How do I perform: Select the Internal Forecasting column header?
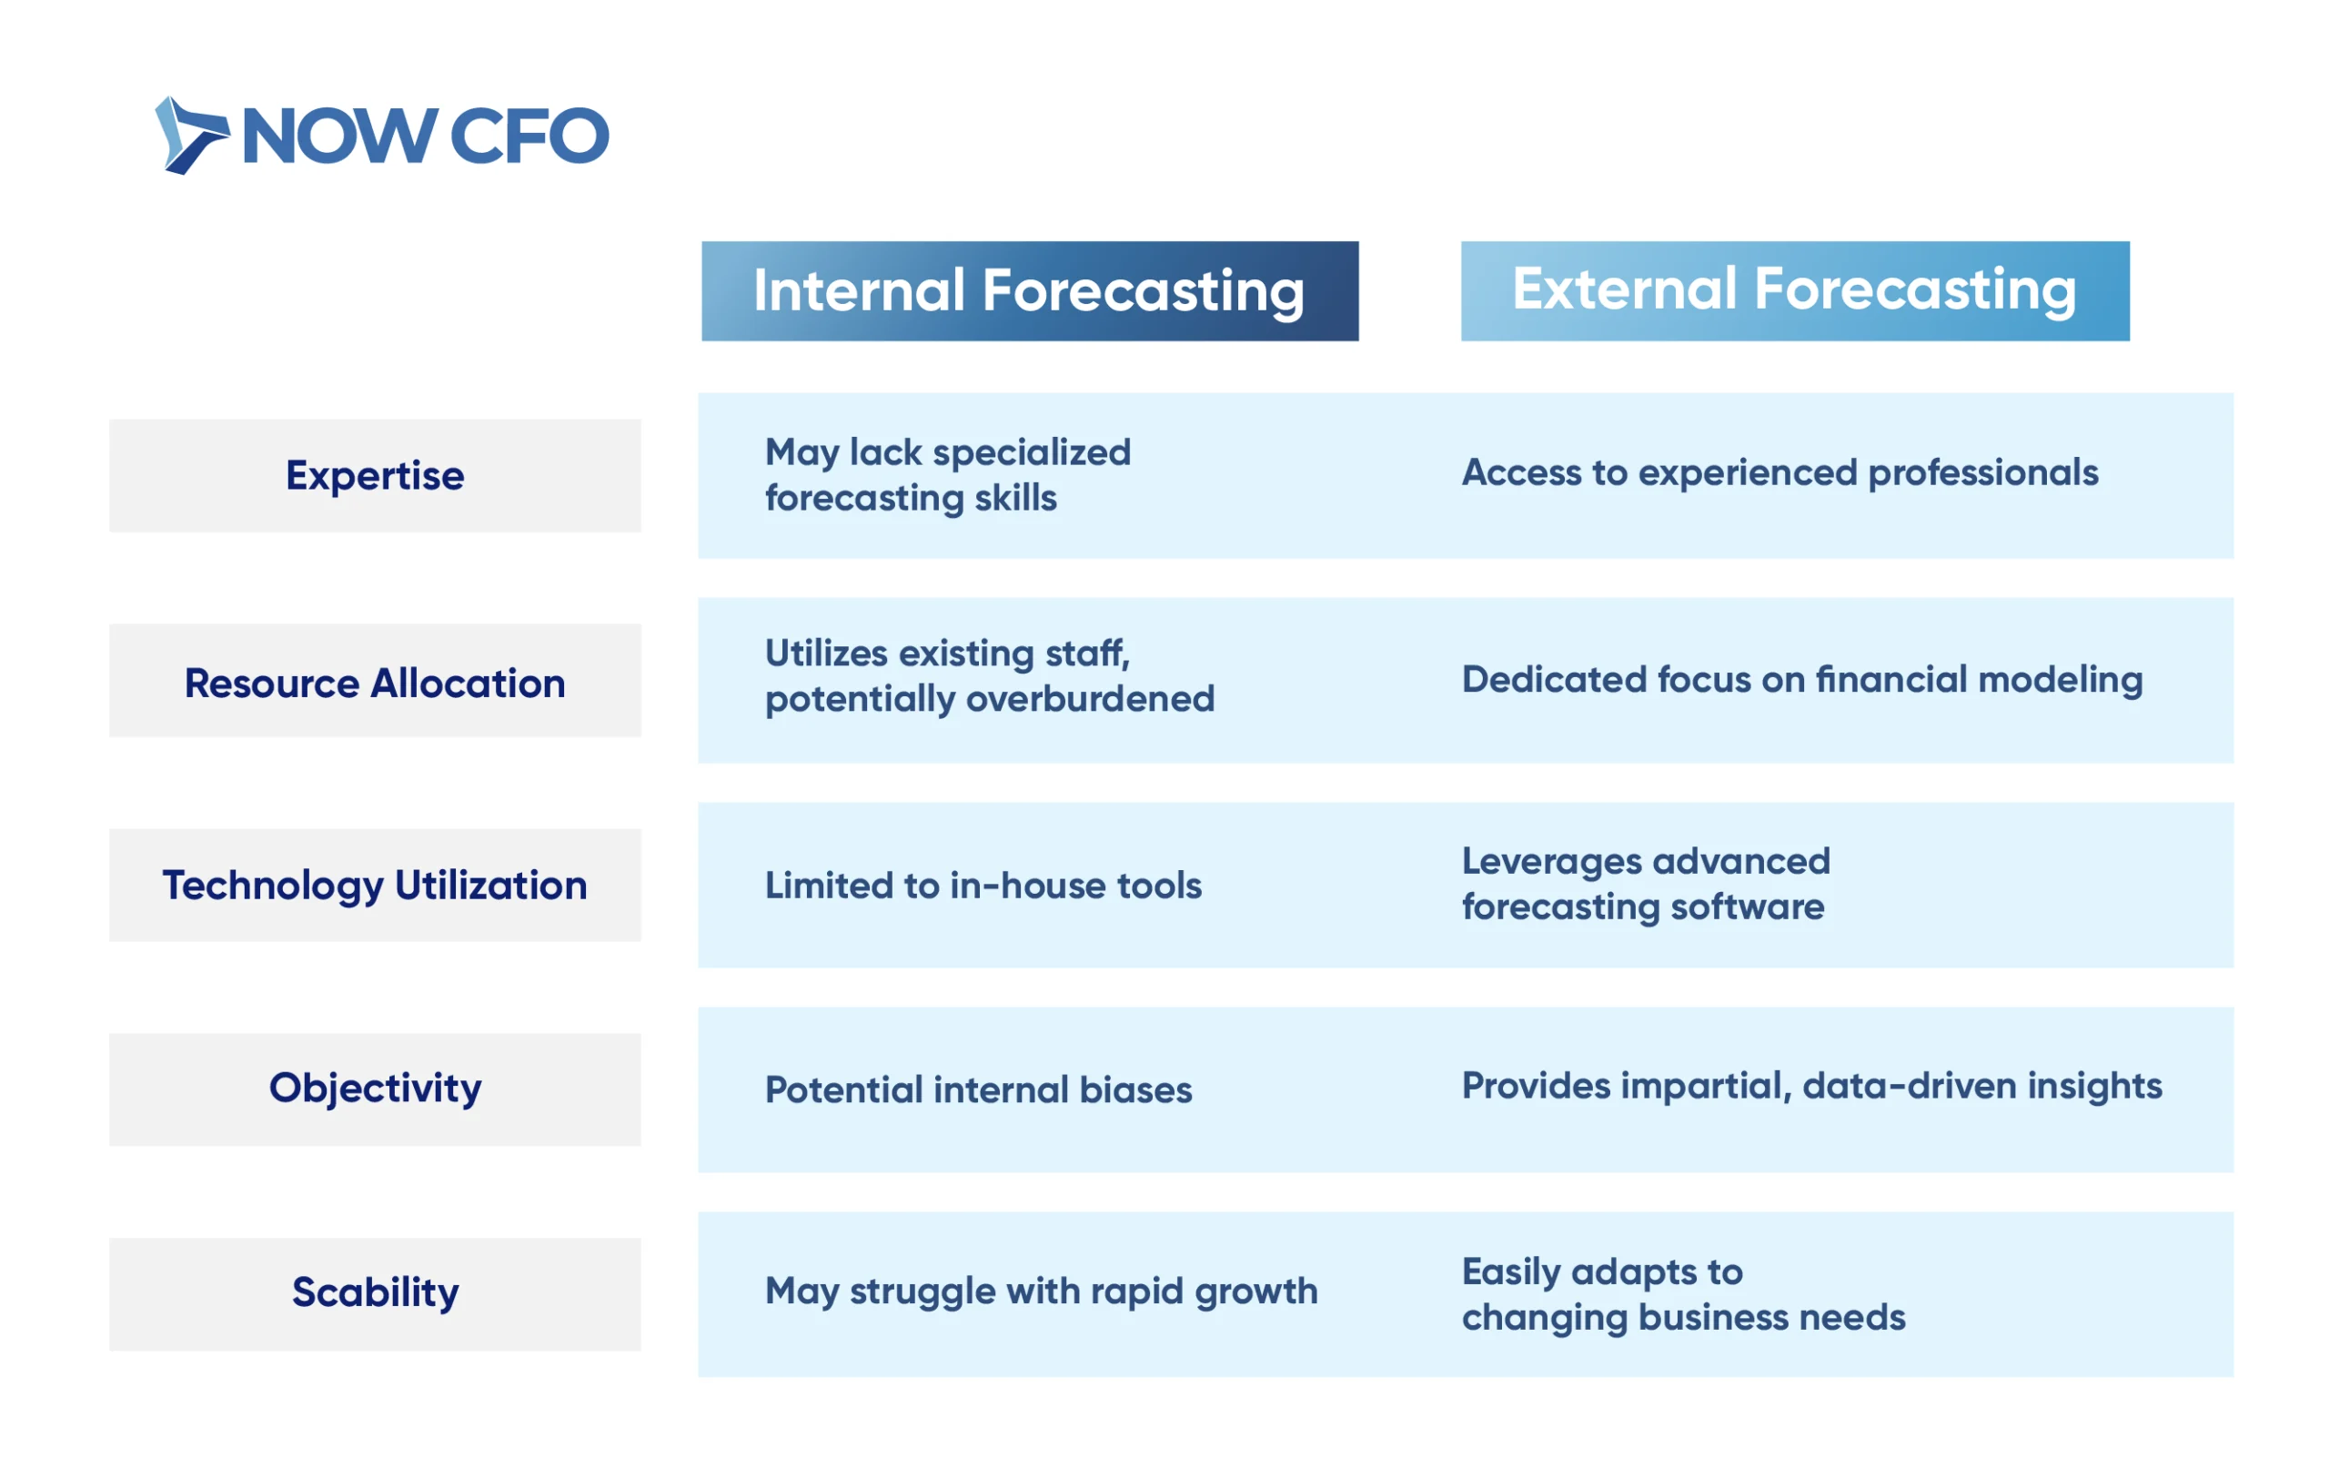(x=1030, y=291)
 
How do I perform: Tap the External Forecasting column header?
(x=1795, y=291)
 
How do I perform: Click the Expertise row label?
(x=375, y=476)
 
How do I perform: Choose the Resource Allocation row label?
(x=375, y=681)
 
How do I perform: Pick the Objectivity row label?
(x=375, y=1090)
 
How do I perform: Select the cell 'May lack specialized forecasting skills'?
(x=948, y=475)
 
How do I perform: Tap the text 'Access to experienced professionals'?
(x=1780, y=473)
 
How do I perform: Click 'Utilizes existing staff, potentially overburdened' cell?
(x=990, y=676)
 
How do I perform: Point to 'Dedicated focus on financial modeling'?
(x=1803, y=679)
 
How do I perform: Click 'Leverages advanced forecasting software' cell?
(x=1646, y=884)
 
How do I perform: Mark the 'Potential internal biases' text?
(x=979, y=1090)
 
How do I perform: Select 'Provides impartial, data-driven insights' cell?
(x=1812, y=1087)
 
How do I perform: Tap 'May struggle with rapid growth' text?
(x=1042, y=1292)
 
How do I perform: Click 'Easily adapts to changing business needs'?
(x=1684, y=1295)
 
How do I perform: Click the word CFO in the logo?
(x=530, y=137)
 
